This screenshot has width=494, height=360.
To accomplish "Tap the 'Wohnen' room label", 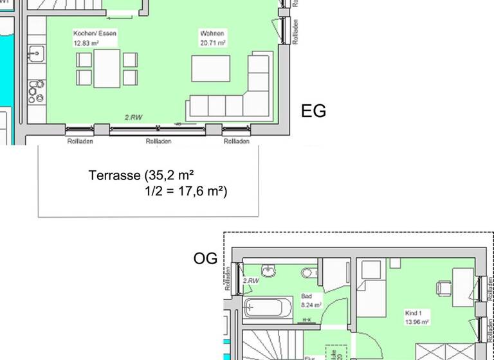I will [212, 33].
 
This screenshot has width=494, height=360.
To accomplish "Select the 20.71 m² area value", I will [212, 43].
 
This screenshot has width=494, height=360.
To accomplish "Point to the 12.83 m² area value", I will [86, 43].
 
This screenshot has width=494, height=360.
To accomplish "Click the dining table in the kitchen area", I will [107, 68].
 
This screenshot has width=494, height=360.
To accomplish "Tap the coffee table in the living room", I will [210, 69].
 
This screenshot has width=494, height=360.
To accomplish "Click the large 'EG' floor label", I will [313, 111].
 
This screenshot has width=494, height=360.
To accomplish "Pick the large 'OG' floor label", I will [205, 258].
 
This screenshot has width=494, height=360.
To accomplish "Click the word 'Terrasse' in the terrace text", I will [113, 175].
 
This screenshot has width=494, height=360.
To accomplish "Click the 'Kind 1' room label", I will [412, 313].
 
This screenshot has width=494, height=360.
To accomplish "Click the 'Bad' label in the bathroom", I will [307, 297].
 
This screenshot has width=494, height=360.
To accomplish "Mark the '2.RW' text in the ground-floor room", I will [134, 118].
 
